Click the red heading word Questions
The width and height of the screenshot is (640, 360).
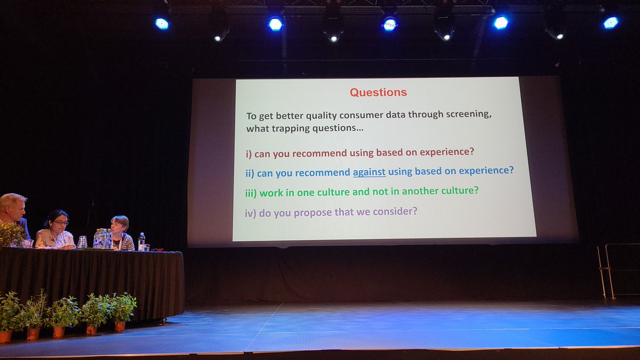(378, 92)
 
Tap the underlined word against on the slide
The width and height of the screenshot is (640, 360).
(369, 172)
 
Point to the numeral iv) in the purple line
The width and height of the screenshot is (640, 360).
(251, 213)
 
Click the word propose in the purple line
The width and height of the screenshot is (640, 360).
(307, 212)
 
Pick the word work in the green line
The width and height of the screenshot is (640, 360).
(271, 193)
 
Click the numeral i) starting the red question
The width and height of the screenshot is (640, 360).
(249, 154)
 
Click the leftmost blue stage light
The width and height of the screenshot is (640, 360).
(162, 23)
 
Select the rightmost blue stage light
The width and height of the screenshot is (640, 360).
(610, 22)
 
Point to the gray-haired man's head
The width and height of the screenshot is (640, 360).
(13, 206)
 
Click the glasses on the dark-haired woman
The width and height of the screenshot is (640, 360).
(60, 222)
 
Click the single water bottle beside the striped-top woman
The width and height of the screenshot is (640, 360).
(141, 241)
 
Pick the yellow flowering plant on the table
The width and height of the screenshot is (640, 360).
(11, 235)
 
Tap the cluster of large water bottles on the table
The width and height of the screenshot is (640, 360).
(102, 238)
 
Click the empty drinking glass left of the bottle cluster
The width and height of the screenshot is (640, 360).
(82, 242)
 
